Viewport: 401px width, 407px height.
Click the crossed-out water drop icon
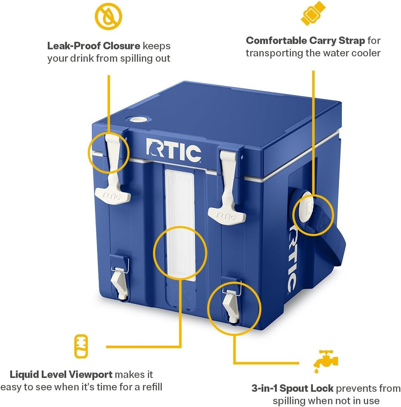tap(108, 16)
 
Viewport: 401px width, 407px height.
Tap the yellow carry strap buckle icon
tap(313, 13)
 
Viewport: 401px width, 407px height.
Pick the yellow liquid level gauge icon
tap(81, 346)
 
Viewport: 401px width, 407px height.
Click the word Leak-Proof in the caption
tap(74, 46)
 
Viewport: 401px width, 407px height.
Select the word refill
tap(151, 387)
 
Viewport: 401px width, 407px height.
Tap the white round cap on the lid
tap(137, 120)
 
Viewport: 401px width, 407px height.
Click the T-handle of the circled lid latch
tap(113, 195)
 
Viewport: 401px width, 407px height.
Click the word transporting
tap(274, 53)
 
